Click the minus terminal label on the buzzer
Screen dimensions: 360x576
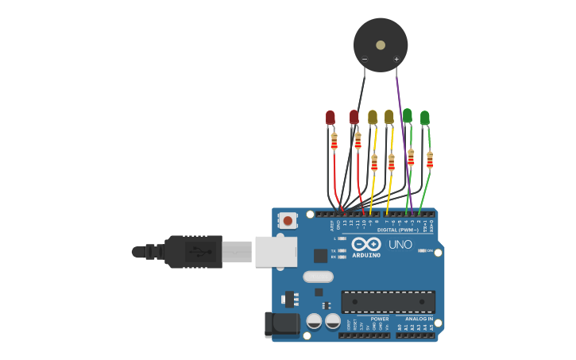point(365,60)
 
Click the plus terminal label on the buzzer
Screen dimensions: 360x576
point(396,60)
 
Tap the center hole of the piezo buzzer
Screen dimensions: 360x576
point(381,45)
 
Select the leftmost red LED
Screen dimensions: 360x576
point(331,118)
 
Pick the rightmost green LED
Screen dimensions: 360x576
point(425,118)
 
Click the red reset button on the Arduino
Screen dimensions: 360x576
point(288,220)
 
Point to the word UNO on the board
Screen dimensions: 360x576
point(400,245)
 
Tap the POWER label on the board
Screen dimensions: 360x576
point(380,319)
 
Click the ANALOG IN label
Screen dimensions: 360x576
point(419,319)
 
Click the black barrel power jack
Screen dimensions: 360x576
point(280,323)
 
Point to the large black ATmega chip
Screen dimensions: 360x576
point(388,302)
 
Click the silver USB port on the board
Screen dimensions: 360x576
point(276,251)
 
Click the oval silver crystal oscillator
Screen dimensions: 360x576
point(318,277)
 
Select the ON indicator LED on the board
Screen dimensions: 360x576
point(422,251)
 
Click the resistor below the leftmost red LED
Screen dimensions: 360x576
point(334,142)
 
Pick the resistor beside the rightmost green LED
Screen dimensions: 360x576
point(430,160)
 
